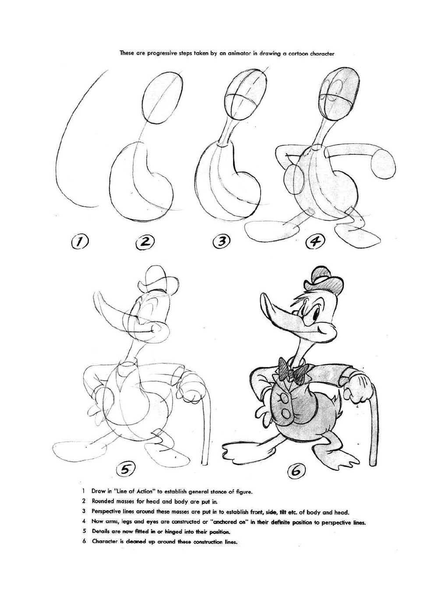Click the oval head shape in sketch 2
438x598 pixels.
click(x=162, y=96)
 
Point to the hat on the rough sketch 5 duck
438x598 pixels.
click(x=161, y=280)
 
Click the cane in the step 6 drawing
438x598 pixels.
click(x=374, y=421)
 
